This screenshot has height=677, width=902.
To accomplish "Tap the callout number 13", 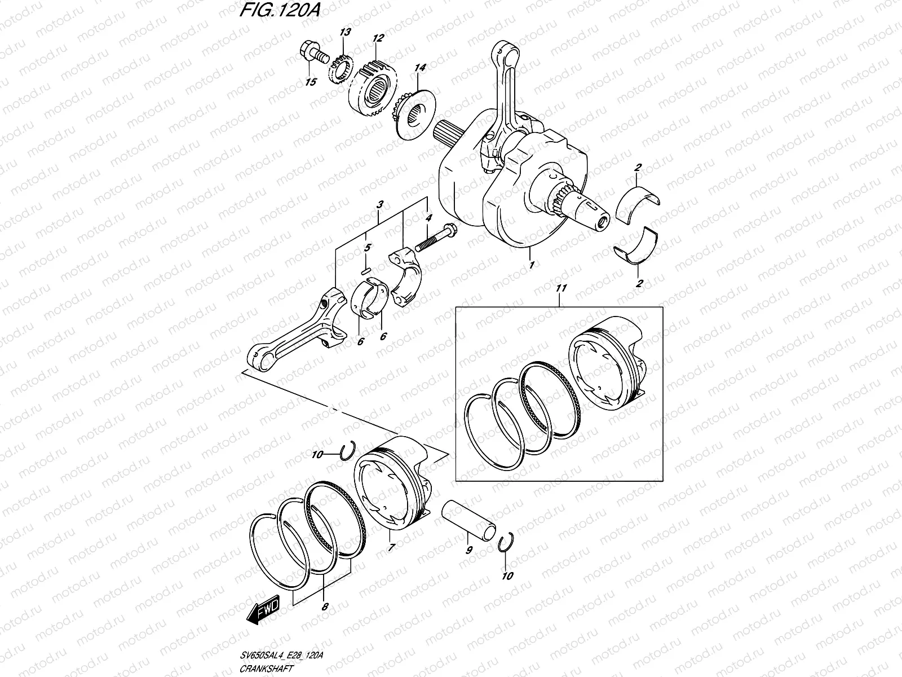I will click(x=345, y=33).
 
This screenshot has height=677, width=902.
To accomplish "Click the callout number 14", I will click(x=419, y=68).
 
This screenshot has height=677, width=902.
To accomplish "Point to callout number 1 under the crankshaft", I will click(x=530, y=263).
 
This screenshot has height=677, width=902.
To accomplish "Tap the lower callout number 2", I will click(x=639, y=284).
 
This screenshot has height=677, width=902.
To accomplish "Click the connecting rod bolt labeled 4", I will click(x=437, y=238).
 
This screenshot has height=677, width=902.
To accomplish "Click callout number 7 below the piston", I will click(x=391, y=547).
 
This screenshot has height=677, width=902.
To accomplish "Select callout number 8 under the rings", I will click(x=324, y=608).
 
